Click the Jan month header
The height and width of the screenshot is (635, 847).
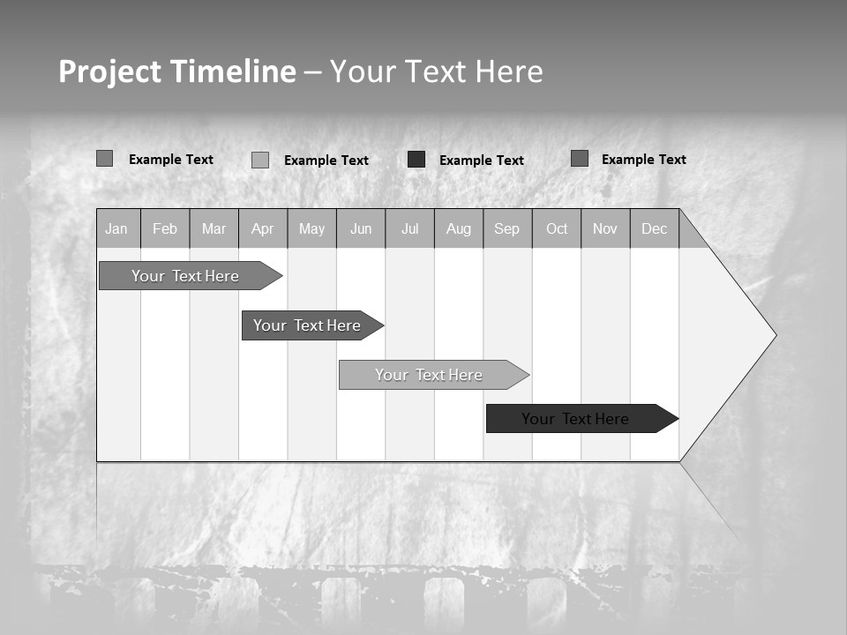point(116,228)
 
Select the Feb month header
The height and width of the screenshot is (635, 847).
point(165,228)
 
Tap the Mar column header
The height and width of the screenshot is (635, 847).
point(214,228)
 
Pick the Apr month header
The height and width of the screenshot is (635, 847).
point(262,228)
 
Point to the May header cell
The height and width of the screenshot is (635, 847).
point(311,228)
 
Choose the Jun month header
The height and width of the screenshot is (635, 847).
point(361,228)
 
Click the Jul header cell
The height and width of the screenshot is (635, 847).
point(409,228)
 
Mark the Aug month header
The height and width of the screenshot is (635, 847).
point(458,228)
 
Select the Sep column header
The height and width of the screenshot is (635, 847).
point(506,228)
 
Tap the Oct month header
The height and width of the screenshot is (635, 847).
point(557,228)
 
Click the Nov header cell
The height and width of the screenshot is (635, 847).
point(605,228)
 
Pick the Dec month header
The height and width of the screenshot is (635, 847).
point(654,228)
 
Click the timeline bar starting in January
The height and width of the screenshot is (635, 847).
point(185,276)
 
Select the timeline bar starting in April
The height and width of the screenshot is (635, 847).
point(307,325)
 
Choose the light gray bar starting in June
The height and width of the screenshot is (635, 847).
point(429,375)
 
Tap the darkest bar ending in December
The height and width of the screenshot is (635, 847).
point(575,419)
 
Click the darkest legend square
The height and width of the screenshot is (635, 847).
point(416,160)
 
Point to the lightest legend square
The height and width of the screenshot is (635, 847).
point(260,160)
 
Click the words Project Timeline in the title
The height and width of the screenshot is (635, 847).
point(177,71)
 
